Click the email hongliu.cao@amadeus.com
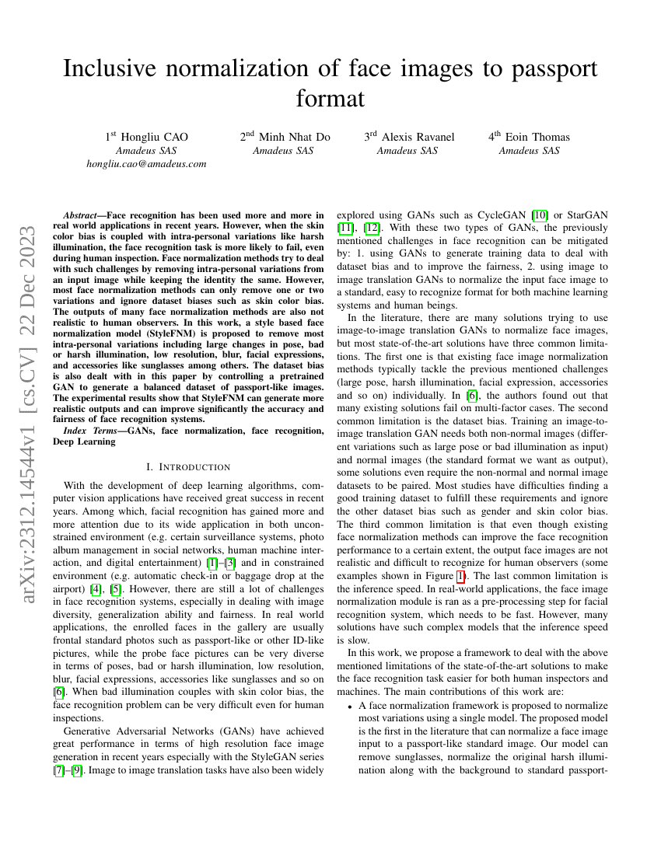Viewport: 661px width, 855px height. pos(146,164)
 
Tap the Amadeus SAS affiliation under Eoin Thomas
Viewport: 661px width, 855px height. pos(529,151)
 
